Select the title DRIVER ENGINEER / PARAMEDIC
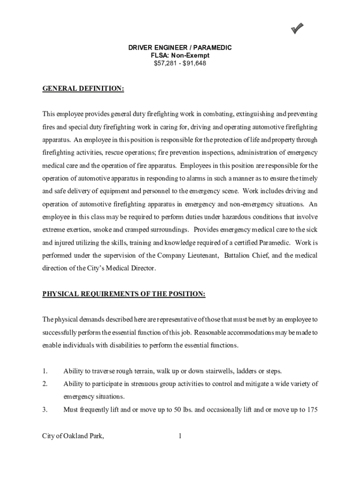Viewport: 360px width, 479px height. tap(180, 48)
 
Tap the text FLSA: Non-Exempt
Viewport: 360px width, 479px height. tap(180, 56)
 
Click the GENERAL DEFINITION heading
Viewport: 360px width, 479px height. tap(83, 88)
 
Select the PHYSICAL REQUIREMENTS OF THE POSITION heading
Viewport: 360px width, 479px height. tap(124, 294)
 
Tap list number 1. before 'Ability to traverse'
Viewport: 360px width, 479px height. tap(45, 371)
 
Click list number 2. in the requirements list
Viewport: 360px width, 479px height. tap(45, 384)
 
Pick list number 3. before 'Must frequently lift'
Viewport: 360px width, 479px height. tap(45, 410)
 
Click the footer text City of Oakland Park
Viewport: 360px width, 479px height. tap(73, 436)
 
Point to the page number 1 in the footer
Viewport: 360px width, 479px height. tap(180, 436)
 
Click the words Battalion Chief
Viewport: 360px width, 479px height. tap(247, 256)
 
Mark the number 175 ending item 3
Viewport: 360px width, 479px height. tap(312, 410)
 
